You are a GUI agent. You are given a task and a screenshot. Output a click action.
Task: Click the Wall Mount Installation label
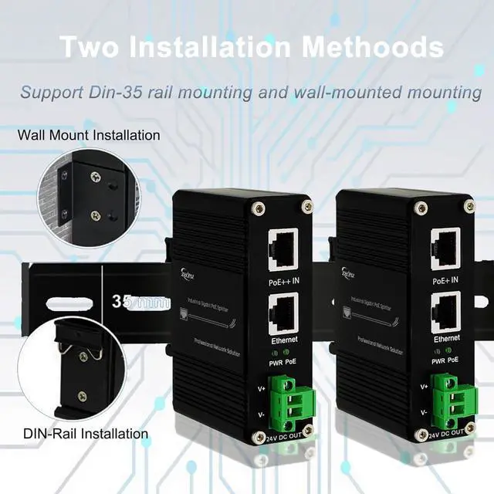coord(90,135)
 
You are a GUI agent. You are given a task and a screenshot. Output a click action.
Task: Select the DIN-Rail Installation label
coord(85,434)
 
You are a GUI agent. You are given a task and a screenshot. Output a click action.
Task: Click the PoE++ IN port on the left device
coord(283,247)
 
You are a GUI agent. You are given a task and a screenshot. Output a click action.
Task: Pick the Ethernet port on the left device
coord(283,312)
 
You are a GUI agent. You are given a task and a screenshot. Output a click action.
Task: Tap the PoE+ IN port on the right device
coord(445,247)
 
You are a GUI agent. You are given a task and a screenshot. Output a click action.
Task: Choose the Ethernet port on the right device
coord(445,311)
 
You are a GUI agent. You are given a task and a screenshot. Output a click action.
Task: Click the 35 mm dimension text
coord(140,301)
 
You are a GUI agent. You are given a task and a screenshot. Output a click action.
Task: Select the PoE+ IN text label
coord(445,280)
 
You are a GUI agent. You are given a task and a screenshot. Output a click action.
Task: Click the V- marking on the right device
coord(424,413)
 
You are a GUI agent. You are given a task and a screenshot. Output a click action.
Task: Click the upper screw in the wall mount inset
coord(95,177)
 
